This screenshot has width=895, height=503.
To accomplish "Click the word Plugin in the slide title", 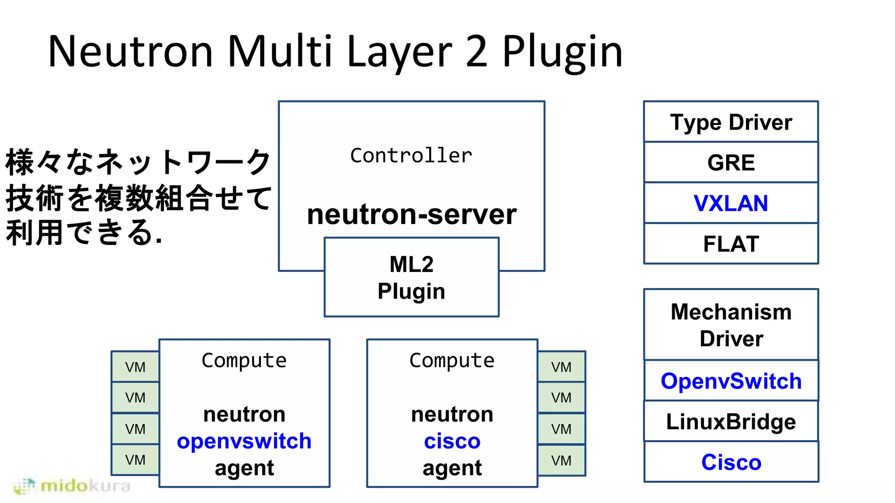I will (562, 52).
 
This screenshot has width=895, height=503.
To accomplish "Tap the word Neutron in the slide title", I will (130, 52).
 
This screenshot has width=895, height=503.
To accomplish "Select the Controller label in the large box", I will (411, 156).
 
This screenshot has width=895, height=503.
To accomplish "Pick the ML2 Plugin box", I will (411, 278).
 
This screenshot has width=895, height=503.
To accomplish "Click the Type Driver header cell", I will (731, 122).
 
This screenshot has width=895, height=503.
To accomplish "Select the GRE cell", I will (731, 162).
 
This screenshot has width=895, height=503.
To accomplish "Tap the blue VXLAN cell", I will (731, 203).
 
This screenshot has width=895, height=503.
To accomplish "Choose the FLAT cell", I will (731, 244).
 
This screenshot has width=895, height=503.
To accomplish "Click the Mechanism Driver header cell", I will (731, 325).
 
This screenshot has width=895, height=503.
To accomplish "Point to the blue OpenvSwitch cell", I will (731, 381).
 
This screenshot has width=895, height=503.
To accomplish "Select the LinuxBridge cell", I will (731, 421).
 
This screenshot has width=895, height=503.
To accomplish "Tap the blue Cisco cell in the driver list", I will (731, 462).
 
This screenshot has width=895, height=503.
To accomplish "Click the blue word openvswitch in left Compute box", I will (244, 441).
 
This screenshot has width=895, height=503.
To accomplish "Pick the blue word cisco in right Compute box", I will (452, 441).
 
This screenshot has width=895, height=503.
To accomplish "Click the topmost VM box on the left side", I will (135, 367).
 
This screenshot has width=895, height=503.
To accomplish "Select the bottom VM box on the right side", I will (561, 460).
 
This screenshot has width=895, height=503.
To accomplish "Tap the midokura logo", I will (72, 486).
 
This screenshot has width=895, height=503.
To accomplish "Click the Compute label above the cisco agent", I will (452, 361).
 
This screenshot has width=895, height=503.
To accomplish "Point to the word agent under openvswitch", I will (244, 468).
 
